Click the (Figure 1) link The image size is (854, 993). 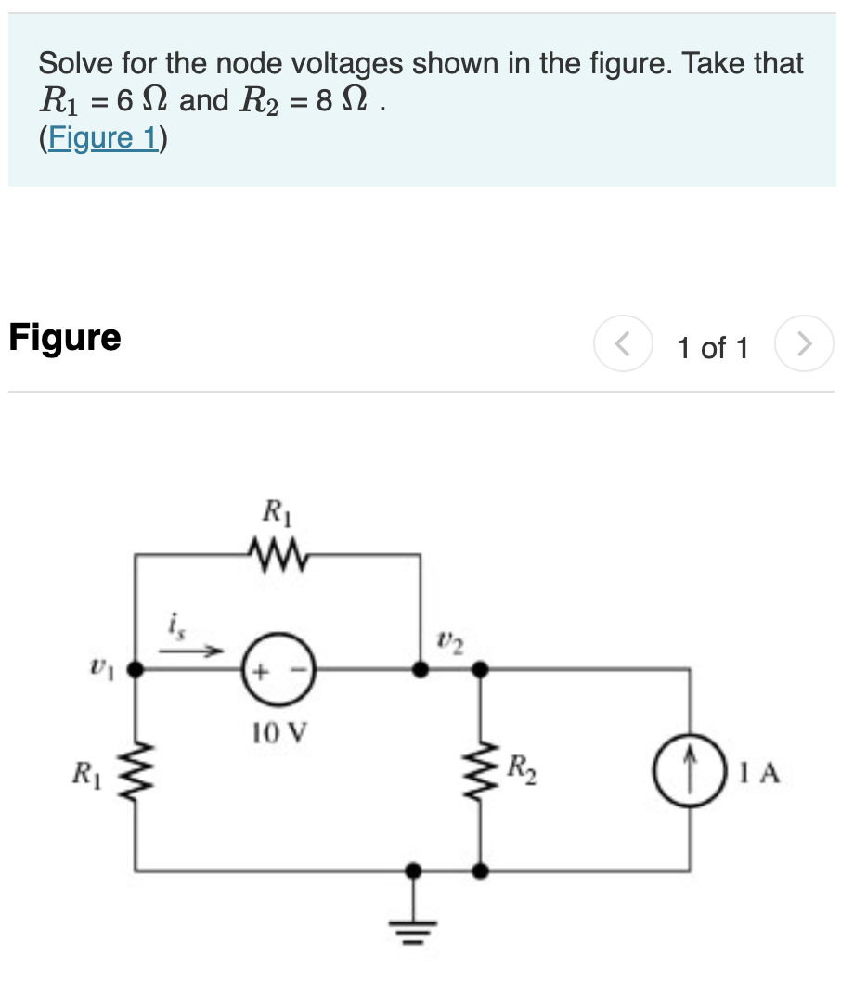click(102, 138)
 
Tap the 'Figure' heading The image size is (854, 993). click(65, 337)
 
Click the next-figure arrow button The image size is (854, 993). click(804, 345)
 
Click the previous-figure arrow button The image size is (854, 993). click(624, 345)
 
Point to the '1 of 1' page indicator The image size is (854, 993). click(712, 348)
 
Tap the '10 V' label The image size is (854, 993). click(278, 734)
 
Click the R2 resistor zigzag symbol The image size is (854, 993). click(480, 770)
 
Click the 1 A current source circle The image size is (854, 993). click(690, 771)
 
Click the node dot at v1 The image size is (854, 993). click(136, 668)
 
